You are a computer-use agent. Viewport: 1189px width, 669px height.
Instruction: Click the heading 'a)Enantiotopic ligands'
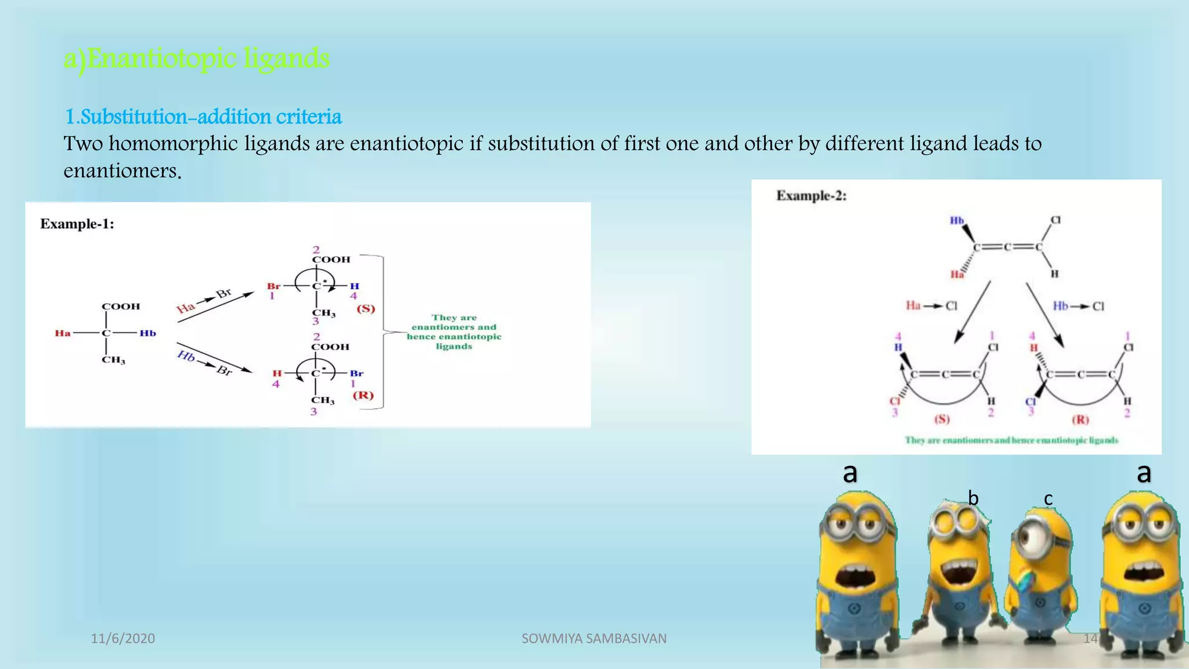196,59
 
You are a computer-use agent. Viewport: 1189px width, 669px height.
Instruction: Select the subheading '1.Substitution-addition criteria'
203,117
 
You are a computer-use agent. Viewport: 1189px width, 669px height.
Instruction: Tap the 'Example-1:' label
77,224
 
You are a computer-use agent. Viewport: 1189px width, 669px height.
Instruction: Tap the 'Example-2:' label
811,196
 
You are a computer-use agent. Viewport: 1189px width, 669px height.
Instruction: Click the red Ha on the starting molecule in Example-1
63,333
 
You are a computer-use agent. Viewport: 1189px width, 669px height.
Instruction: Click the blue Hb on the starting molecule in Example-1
147,333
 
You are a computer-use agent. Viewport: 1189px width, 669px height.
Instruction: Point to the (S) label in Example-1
366,308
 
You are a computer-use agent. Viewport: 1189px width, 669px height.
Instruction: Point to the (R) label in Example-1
363,395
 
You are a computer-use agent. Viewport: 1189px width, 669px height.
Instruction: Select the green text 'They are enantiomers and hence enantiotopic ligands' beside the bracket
454,332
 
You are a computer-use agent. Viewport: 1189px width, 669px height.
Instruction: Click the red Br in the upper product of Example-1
273,286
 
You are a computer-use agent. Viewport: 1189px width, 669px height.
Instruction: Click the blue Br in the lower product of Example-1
356,373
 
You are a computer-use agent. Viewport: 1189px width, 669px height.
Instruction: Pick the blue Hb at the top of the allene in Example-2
957,221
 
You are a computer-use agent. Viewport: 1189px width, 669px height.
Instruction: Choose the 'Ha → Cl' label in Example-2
931,305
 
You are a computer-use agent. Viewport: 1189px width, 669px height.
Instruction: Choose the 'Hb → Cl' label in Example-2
1078,305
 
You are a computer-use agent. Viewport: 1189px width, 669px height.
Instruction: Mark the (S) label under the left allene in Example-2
941,419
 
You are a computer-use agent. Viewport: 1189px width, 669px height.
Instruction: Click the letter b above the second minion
973,498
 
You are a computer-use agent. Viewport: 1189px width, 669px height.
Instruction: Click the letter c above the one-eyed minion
1048,499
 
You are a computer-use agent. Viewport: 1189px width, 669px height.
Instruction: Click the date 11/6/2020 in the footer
123,638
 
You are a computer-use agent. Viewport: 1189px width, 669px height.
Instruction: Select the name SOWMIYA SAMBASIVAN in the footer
594,638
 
